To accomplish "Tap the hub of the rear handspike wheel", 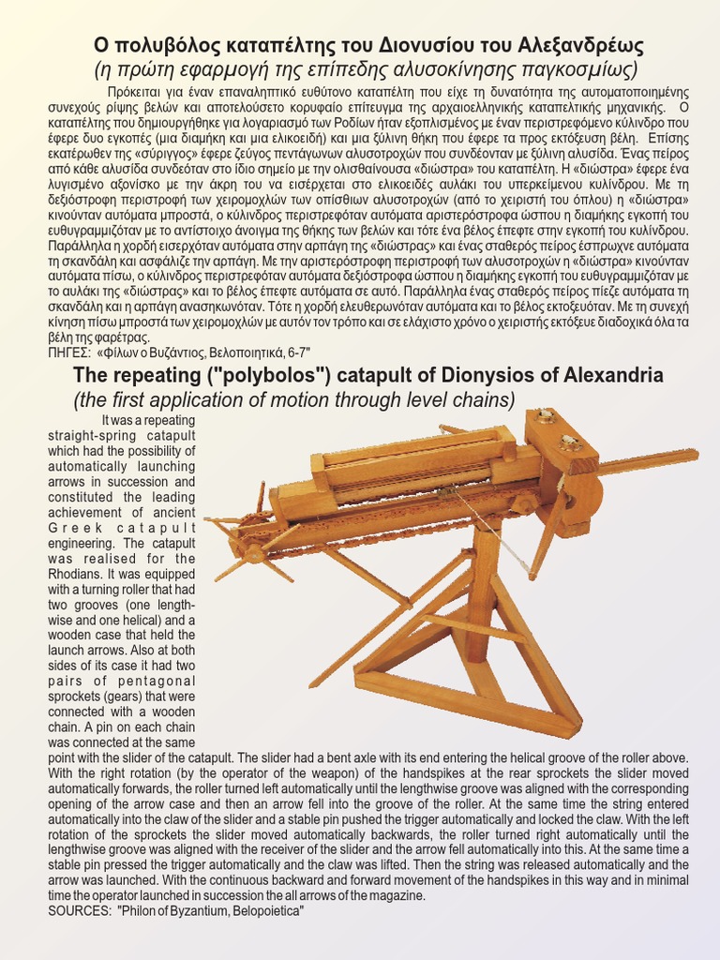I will click(251, 553).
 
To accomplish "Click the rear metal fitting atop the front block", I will click(546, 416).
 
